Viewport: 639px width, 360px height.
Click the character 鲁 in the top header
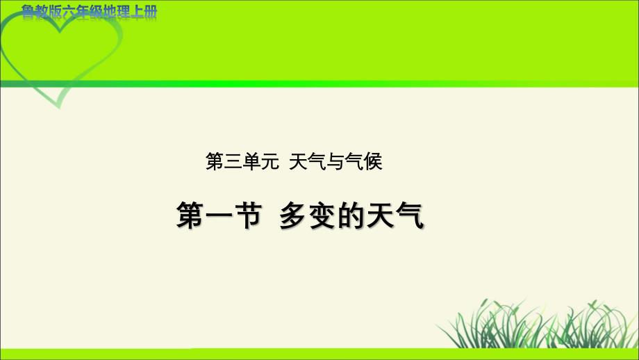pos(28,13)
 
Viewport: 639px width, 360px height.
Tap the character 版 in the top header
pos(55,13)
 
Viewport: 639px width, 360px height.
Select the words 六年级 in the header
pos(82,13)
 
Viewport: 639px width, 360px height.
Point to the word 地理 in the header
pos(116,13)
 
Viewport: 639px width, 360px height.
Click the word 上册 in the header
pos(144,13)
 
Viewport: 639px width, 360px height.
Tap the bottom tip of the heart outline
pos(60,108)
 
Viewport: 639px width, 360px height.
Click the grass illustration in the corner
pos(537,324)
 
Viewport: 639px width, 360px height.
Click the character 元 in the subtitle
pos(269,161)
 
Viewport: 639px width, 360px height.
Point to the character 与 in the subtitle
pos(335,161)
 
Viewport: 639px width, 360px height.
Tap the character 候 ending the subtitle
pos(373,161)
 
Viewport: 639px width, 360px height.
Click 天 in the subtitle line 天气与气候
pos(298,161)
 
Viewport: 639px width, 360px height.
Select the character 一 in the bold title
pos(219,215)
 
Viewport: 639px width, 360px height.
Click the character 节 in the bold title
pos(248,215)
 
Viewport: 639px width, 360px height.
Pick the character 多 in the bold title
pos(292,215)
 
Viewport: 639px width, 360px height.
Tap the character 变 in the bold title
pos(322,215)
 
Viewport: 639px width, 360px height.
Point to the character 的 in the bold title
pos(351,215)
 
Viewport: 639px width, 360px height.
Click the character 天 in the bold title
pos(380,215)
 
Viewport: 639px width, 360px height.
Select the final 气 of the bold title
pos(410,215)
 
